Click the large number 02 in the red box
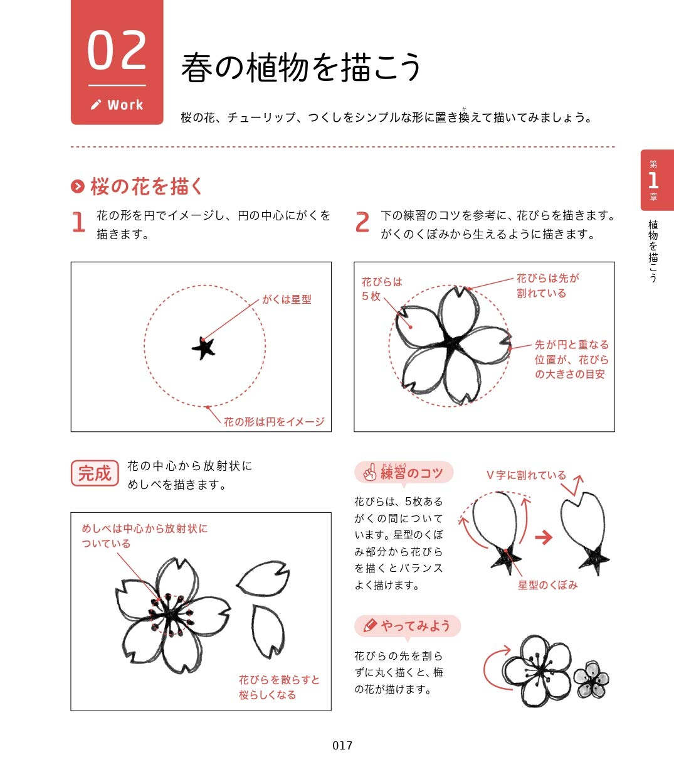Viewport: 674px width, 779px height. [x=117, y=51]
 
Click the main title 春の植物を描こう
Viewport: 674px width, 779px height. [x=301, y=67]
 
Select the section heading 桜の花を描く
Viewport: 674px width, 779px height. [x=147, y=186]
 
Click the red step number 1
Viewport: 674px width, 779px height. [x=78, y=223]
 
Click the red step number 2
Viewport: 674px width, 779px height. [x=362, y=223]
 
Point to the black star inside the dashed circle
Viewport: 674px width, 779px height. [x=204, y=347]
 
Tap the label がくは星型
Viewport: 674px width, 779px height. [x=287, y=299]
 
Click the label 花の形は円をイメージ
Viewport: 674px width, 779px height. [x=274, y=422]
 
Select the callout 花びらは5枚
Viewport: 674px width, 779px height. [x=381, y=289]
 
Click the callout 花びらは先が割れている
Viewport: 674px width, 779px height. [x=547, y=286]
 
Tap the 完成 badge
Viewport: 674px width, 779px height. [x=95, y=473]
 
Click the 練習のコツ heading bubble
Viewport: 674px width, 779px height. [x=404, y=473]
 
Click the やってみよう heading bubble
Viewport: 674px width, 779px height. [x=408, y=626]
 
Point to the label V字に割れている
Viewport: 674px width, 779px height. [x=525, y=475]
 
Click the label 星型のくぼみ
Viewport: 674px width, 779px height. [x=547, y=585]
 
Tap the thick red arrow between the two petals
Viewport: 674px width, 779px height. [x=543, y=537]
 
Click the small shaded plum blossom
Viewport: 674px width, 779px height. [x=591, y=679]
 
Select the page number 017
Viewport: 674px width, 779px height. [x=342, y=746]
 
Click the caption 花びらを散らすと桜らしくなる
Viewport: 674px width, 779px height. [x=278, y=687]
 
